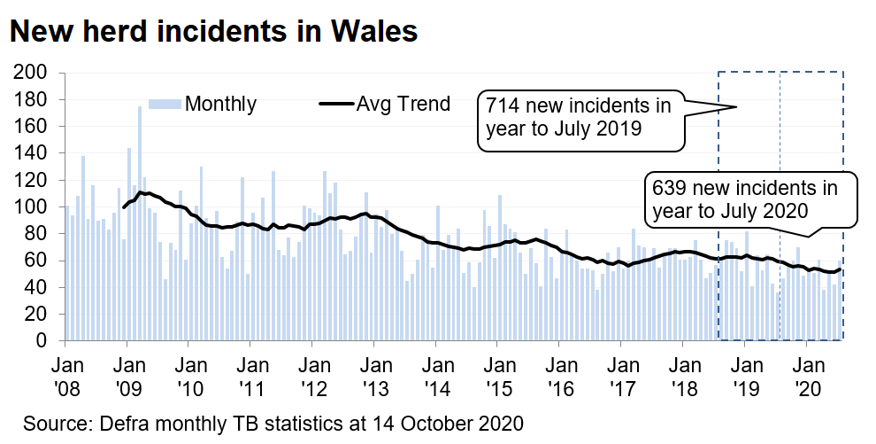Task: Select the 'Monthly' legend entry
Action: coord(219,104)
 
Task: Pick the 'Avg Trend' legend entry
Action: coord(403,104)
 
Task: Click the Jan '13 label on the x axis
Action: coord(374,376)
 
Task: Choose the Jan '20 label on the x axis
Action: coord(807,376)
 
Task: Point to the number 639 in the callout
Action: coord(669,189)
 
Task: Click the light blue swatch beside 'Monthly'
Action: coord(165,104)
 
